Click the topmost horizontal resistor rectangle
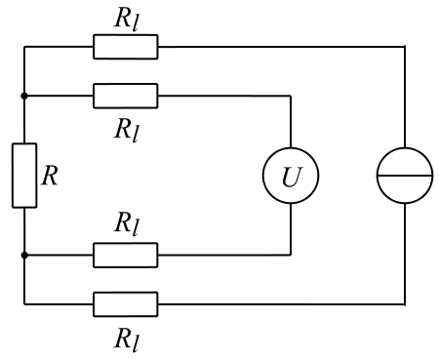[125, 46]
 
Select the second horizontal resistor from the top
[125, 96]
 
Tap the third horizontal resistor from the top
[125, 256]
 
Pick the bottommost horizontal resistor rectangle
[125, 303]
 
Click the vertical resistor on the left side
[24, 176]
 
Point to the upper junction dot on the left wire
[24, 96]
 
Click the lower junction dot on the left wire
[24, 256]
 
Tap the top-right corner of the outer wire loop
[404, 46]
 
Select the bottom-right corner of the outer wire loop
[404, 303]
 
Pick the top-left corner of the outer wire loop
[24, 46]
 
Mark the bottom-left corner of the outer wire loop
[24, 303]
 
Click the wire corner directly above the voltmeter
[291, 96]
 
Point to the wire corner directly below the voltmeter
[291, 256]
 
